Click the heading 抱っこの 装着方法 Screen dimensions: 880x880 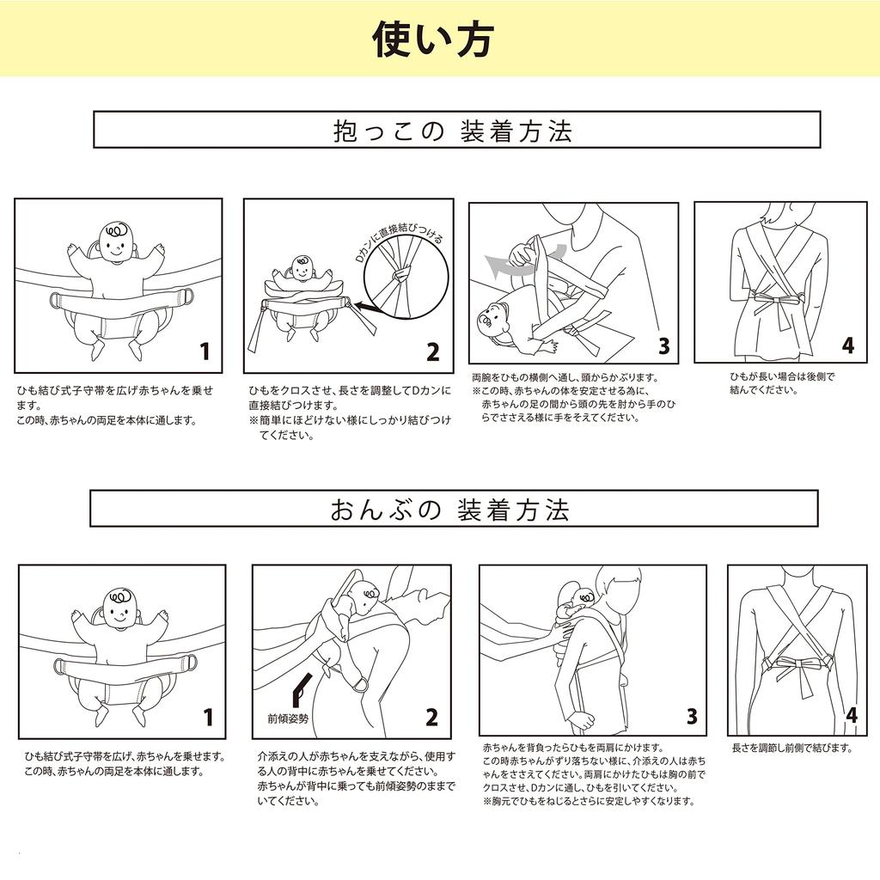tap(453, 131)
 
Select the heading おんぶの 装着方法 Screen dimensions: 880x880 tap(451, 510)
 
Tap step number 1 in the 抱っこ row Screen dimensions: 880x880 tap(205, 351)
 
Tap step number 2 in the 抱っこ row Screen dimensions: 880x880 tap(433, 351)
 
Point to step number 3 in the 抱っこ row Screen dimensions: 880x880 tap(663, 346)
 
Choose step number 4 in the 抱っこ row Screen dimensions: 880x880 tap(848, 345)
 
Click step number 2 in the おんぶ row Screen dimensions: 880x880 tap(431, 718)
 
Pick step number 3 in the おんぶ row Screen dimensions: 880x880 tap(692, 717)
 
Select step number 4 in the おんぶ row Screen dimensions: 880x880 tap(851, 716)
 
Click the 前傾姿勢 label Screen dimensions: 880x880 tap(287, 716)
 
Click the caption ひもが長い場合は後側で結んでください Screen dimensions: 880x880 tap(781, 383)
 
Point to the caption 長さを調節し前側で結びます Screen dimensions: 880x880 tap(791, 749)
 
